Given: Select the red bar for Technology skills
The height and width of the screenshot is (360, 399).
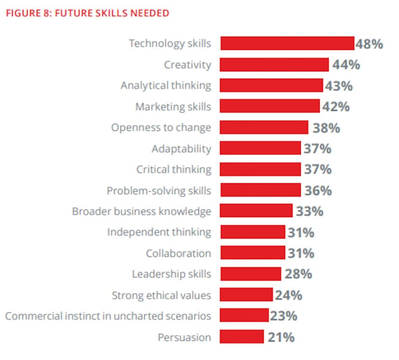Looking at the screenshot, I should click(x=287, y=43).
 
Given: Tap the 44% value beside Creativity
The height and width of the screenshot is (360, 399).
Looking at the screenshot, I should click(x=346, y=65).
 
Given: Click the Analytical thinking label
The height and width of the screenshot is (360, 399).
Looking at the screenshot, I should click(x=166, y=85).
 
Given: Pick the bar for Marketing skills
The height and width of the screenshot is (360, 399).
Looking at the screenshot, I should click(x=270, y=106).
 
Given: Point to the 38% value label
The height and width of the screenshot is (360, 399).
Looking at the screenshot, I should click(x=326, y=128).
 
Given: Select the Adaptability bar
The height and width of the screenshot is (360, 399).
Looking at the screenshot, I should click(x=260, y=148).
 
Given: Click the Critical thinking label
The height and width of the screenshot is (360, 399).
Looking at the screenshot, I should click(x=174, y=170).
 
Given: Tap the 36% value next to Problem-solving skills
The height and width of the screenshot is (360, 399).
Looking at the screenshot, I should click(x=318, y=191).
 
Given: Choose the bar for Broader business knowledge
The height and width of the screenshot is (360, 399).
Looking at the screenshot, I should click(x=256, y=211).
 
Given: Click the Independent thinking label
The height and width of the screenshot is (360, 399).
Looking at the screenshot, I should click(x=159, y=232).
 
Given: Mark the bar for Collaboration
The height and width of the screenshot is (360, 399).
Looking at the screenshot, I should click(x=252, y=253).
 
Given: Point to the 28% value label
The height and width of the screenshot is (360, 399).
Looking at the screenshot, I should click(x=298, y=274).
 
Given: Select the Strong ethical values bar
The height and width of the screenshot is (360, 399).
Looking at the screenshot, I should click(x=246, y=295).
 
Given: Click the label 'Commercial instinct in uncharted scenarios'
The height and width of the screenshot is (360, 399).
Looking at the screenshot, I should click(x=108, y=316).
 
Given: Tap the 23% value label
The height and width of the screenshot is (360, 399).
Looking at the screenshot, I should click(x=283, y=316).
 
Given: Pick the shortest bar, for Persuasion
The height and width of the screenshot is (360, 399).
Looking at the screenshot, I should click(x=242, y=337).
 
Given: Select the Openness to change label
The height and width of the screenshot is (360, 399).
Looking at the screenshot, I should click(x=161, y=128).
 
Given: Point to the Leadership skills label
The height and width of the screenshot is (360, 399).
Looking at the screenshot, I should click(x=171, y=274).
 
